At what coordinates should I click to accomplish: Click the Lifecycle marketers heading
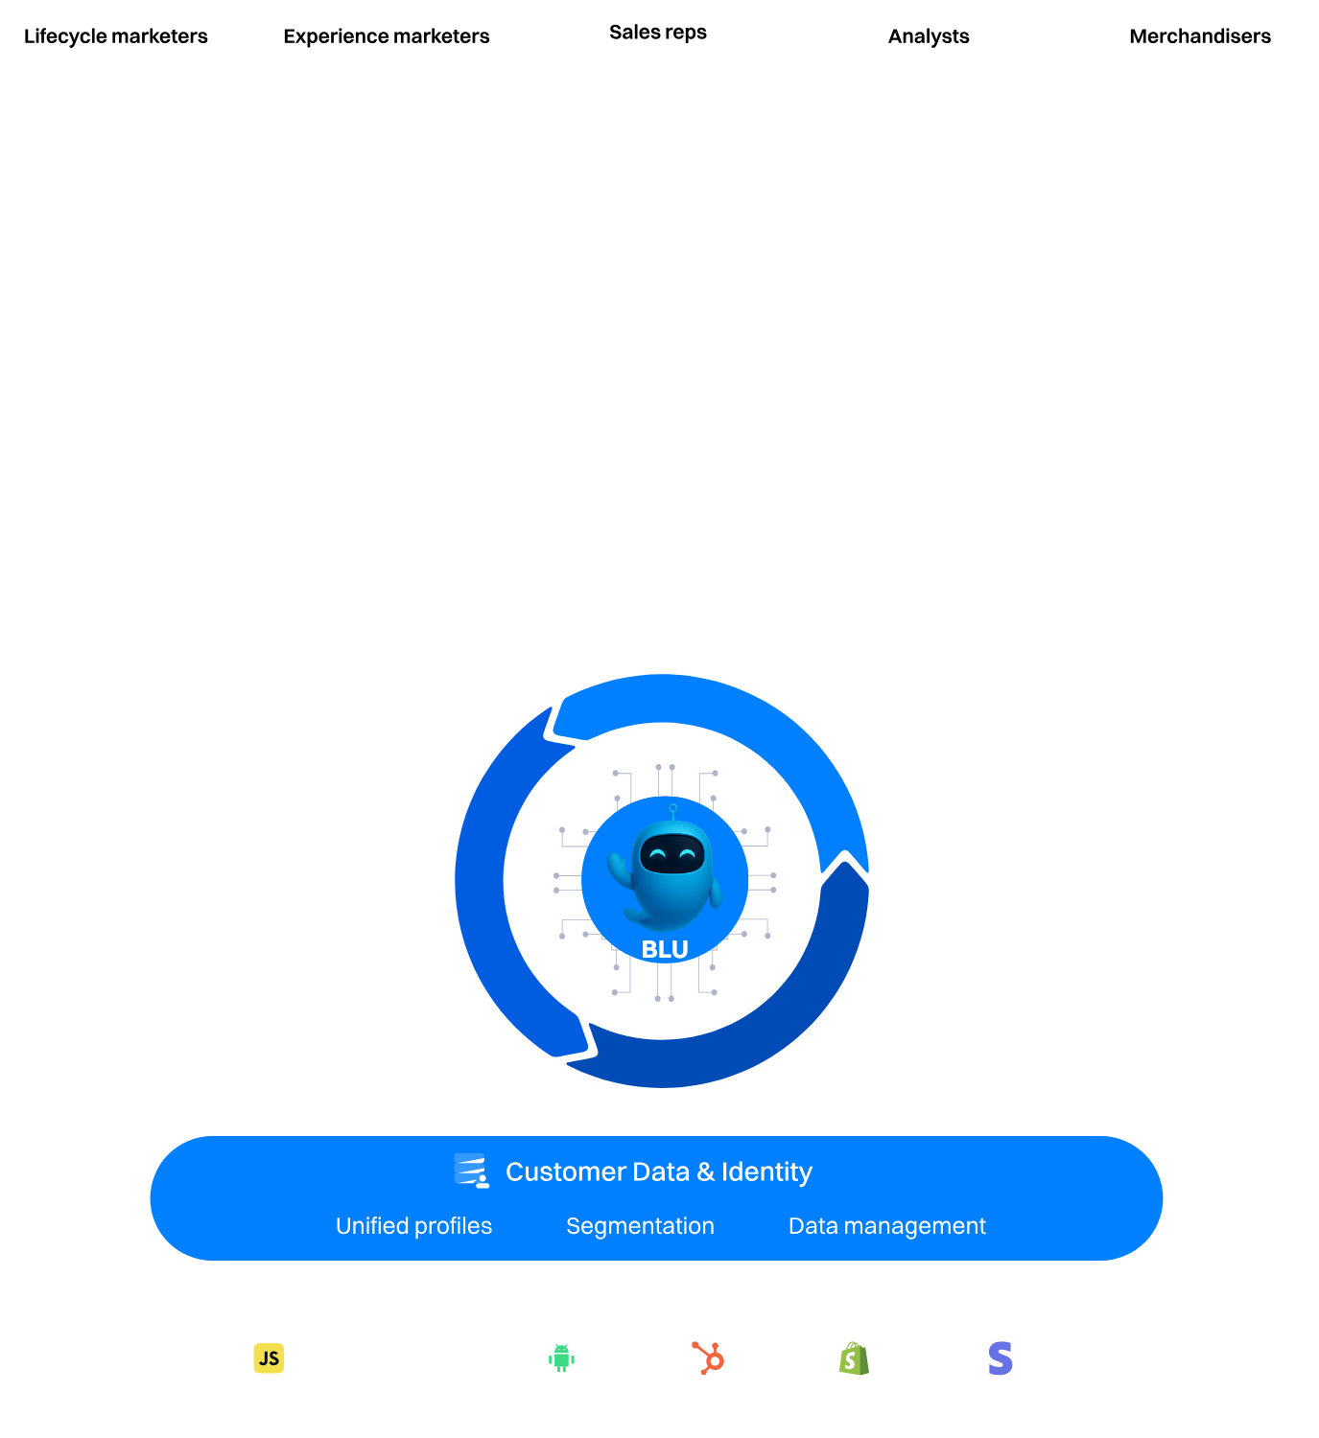tap(115, 36)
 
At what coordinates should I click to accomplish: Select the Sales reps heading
tap(658, 33)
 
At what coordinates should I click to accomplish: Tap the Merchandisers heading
tap(1200, 36)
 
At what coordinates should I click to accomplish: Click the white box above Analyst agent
tap(1011, 1015)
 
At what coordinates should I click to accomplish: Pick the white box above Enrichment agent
tap(277, 800)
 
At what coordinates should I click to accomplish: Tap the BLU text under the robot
tap(665, 949)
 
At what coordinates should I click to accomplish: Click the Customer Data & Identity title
tap(658, 1171)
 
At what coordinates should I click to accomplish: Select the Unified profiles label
tap(413, 1226)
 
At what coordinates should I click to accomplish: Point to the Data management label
tap(886, 1226)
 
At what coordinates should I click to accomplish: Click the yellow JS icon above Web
tap(269, 1358)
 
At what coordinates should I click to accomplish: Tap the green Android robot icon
tap(561, 1358)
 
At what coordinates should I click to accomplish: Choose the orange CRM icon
tap(708, 1358)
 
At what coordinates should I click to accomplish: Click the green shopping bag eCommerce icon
tap(854, 1358)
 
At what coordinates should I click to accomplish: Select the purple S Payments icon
tap(1001, 1358)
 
